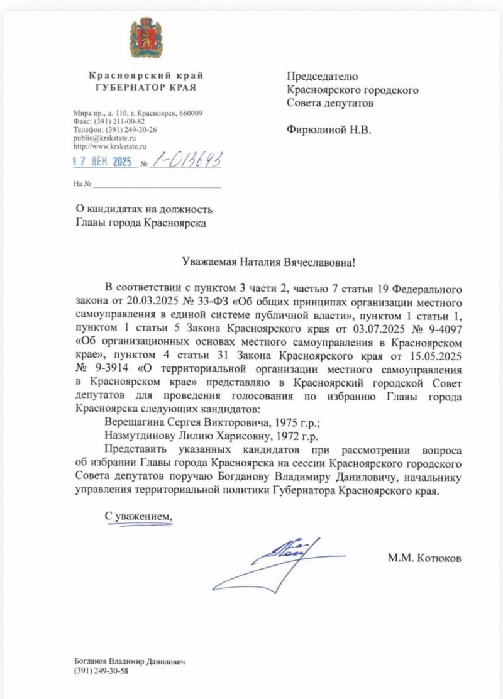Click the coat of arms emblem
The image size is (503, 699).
tap(146, 38)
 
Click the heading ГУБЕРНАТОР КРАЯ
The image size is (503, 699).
tap(146, 87)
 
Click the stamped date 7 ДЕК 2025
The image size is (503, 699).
tap(102, 162)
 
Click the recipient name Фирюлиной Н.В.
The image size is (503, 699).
tap(329, 130)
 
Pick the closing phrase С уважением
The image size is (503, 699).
tap(138, 515)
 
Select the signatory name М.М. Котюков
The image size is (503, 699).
tap(425, 557)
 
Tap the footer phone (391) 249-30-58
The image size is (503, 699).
tap(102, 671)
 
